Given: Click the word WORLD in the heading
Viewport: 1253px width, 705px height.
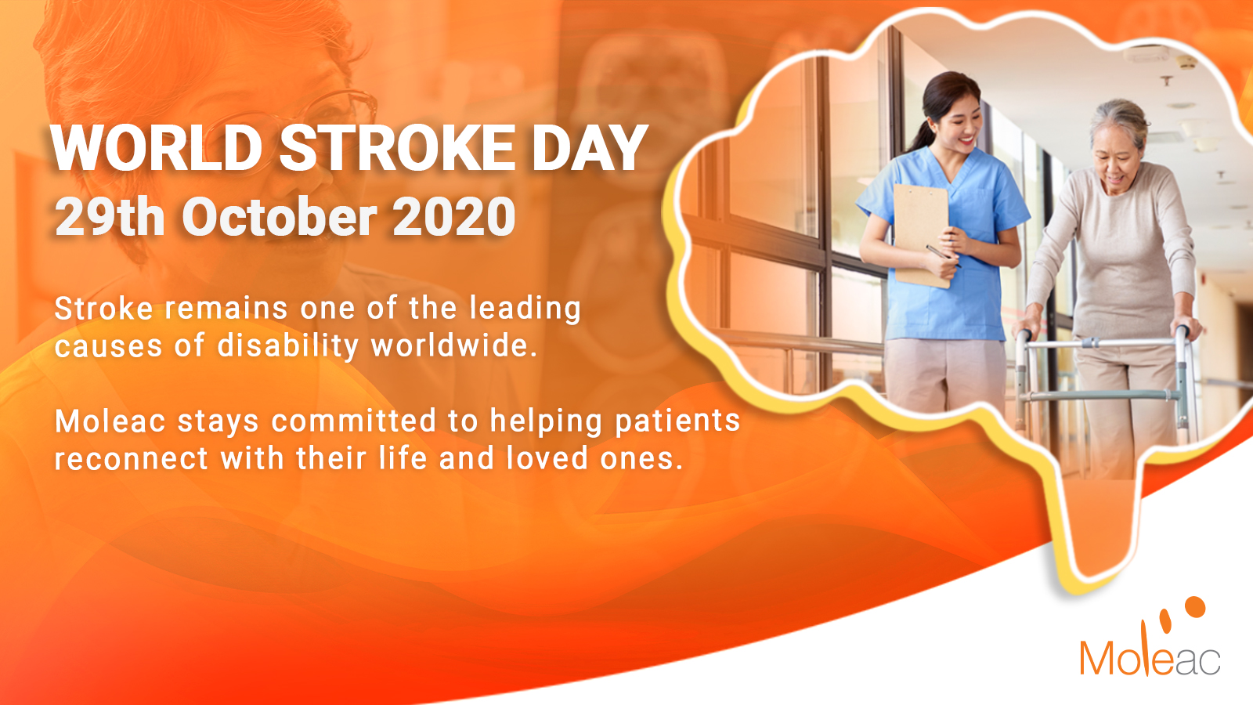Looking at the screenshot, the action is point(157,148).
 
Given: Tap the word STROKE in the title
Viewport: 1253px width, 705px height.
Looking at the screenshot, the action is point(396,148).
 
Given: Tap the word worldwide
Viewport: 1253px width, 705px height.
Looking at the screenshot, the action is point(454,345).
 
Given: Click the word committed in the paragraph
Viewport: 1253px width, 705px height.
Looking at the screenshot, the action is point(353,421).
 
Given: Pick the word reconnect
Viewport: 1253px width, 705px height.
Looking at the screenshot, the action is point(132,459).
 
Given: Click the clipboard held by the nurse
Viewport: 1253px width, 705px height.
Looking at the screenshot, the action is point(921,235).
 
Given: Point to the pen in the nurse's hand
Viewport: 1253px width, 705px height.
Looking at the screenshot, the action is point(943,255).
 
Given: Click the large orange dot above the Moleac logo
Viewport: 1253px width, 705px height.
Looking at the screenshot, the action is point(1195,607).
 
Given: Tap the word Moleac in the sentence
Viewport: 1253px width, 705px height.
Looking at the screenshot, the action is point(110,421).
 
